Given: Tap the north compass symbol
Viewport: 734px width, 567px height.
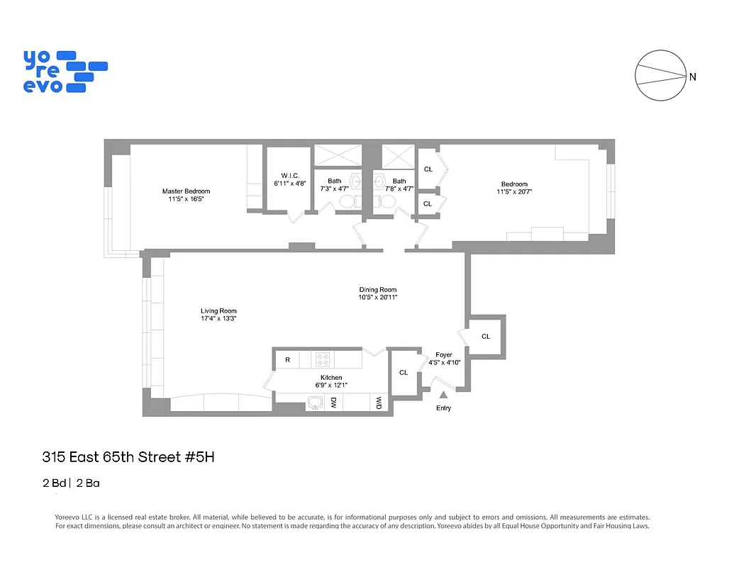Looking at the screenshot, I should [660, 76].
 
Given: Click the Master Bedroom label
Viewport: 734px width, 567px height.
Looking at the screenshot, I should [186, 191].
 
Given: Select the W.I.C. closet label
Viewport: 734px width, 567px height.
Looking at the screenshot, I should [290, 175].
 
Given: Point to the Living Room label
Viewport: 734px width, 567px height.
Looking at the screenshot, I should [218, 311].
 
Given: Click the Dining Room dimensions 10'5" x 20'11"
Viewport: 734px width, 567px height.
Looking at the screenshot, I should [377, 298].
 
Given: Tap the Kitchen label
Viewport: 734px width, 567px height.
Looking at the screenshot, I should [331, 378].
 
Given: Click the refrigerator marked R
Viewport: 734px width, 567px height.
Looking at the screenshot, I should [288, 360].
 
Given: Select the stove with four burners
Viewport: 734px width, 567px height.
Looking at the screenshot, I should [323, 359].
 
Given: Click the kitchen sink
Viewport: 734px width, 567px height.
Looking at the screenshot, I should [315, 403].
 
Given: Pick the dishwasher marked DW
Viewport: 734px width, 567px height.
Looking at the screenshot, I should [333, 403].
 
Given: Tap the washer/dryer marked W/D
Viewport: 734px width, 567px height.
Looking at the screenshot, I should [379, 403].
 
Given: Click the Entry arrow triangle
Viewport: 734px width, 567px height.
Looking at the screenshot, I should [443, 395].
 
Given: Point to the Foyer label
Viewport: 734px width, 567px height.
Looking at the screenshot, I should [444, 354].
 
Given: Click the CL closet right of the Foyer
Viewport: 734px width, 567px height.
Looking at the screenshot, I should [486, 336].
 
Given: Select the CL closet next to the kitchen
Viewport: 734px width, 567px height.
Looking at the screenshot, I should [404, 372].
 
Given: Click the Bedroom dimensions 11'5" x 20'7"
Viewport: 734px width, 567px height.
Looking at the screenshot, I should [514, 191].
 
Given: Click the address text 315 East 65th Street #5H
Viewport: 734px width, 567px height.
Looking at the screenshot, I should [128, 457].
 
